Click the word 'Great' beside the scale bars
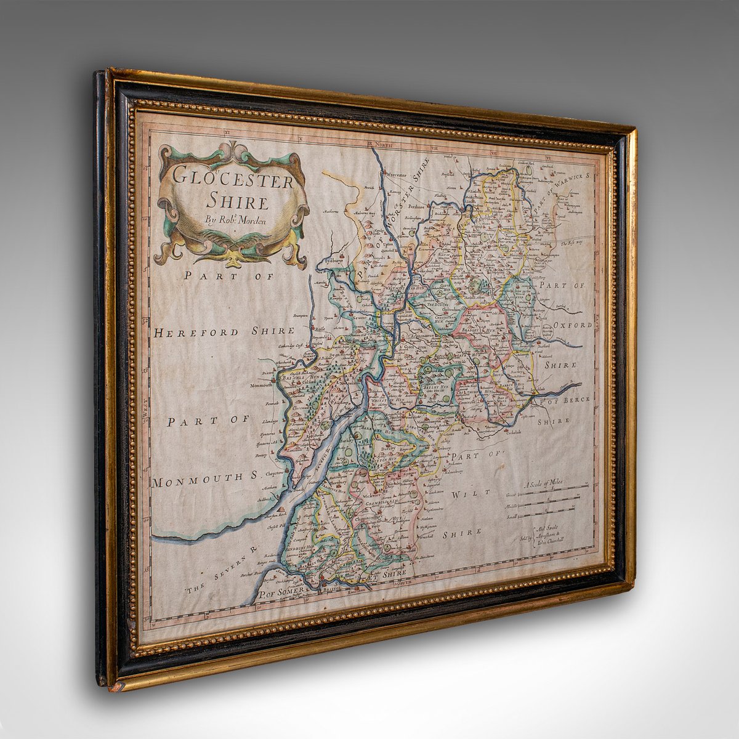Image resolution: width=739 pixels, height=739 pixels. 511,495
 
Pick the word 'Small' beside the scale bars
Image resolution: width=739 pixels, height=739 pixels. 512,516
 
